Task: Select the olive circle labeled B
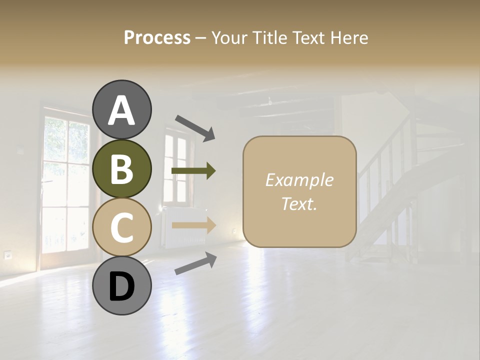pos(121,168)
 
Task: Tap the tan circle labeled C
pos(121,227)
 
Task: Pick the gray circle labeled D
pos(121,285)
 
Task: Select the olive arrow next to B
pos(193,171)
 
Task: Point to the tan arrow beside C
pos(193,225)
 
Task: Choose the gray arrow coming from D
pos(195,263)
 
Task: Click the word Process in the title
pos(157,37)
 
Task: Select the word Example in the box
pos(299,180)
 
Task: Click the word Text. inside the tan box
pos(299,203)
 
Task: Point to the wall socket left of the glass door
pos(8,254)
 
